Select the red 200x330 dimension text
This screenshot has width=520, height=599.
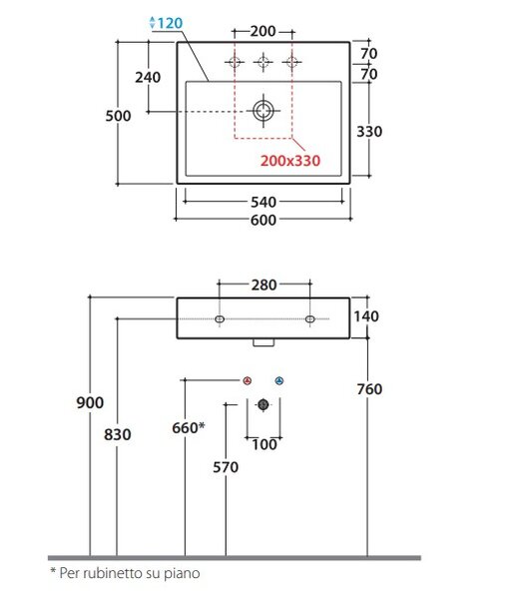290,161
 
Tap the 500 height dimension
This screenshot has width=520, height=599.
118,116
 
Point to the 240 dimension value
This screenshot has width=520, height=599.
148,77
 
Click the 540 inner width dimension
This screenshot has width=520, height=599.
263,202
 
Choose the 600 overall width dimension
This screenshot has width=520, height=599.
263,220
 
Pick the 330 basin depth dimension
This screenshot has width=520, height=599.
369,132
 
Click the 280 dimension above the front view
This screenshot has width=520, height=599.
263,285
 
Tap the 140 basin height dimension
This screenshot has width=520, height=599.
366,316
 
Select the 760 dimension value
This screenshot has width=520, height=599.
369,389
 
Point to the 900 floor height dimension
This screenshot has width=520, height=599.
90,402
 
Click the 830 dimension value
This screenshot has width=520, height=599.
117,434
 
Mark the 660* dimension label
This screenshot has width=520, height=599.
189,428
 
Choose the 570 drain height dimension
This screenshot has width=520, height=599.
226,467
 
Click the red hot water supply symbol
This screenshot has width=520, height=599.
248,381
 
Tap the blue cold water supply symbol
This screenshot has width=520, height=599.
279,381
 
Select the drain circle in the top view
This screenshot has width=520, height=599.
263,111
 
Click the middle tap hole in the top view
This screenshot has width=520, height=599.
263,62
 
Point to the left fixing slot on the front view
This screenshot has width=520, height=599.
220,319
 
